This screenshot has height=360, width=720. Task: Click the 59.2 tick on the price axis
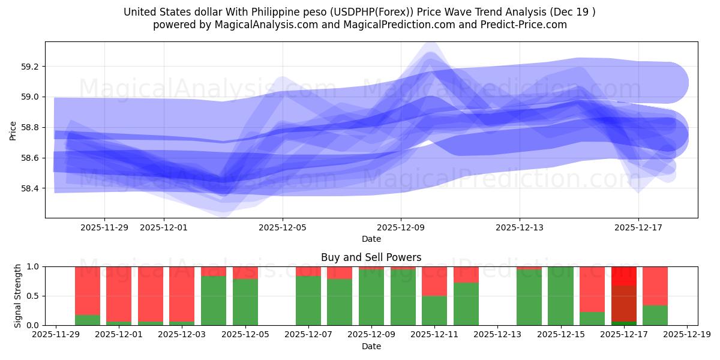coord(29,67)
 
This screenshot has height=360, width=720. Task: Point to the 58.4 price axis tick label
coord(29,188)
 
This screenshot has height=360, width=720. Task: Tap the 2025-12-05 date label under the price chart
coord(283,227)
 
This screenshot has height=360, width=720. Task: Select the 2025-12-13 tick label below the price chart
coord(520,227)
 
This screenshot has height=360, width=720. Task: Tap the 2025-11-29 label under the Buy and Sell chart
coord(56,335)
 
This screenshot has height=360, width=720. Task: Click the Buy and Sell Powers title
coord(371,257)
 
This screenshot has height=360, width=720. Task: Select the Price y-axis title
coord(13,130)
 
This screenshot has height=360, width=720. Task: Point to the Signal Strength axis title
coord(18,295)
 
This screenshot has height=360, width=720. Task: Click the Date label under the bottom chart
coord(371,346)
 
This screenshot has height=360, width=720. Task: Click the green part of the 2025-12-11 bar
coord(434,310)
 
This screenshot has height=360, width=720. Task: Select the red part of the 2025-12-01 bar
coord(119,294)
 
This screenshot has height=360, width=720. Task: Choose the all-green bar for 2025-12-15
coord(560,296)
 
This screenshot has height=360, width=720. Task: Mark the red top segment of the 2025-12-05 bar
coord(245,272)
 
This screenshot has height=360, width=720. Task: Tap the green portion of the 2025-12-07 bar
coord(308,300)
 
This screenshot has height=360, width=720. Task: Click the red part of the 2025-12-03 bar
coord(182,294)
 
